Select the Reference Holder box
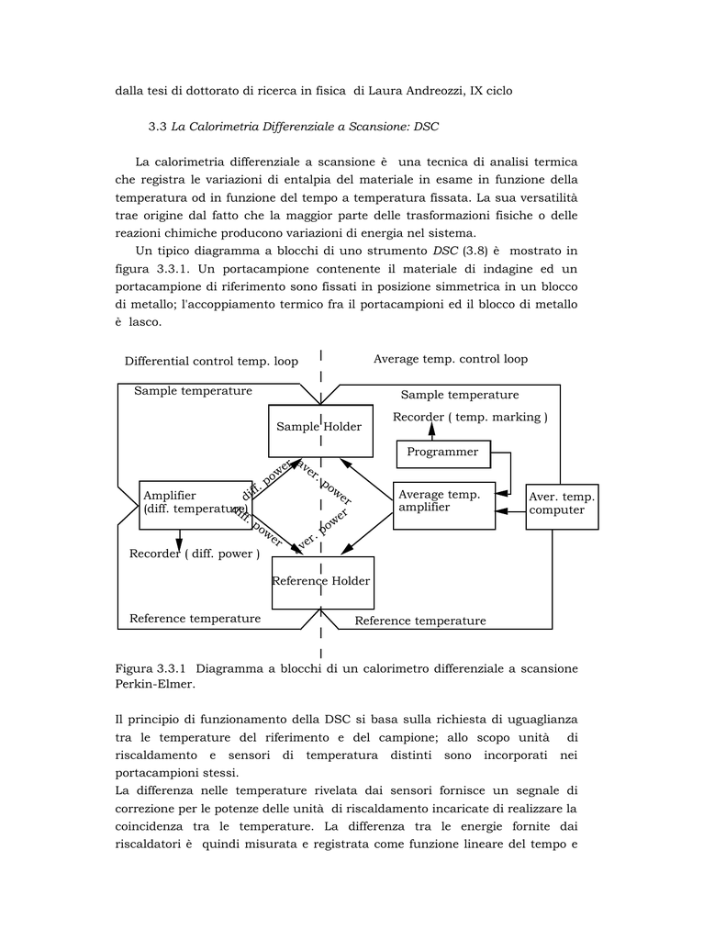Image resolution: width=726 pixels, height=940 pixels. tap(322, 582)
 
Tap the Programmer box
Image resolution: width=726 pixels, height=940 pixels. tap(442, 453)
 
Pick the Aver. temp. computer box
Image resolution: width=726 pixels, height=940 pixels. tap(562, 506)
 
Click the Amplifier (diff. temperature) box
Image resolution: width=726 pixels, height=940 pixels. tap(194, 504)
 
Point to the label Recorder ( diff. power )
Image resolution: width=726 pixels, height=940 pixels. tap(194, 554)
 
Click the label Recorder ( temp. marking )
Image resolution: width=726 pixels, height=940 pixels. tap(470, 418)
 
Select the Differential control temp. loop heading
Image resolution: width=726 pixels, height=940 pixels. tap(211, 362)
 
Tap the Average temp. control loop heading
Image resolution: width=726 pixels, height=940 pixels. tap(450, 359)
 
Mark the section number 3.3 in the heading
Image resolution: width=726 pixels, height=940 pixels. tap(157, 126)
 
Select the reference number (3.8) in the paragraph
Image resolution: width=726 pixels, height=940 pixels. tap(476, 251)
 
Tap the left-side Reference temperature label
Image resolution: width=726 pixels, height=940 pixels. tap(195, 619)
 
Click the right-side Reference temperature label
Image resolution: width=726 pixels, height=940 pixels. tap(420, 621)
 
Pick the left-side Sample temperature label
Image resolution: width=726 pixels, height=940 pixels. tap(193, 391)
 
